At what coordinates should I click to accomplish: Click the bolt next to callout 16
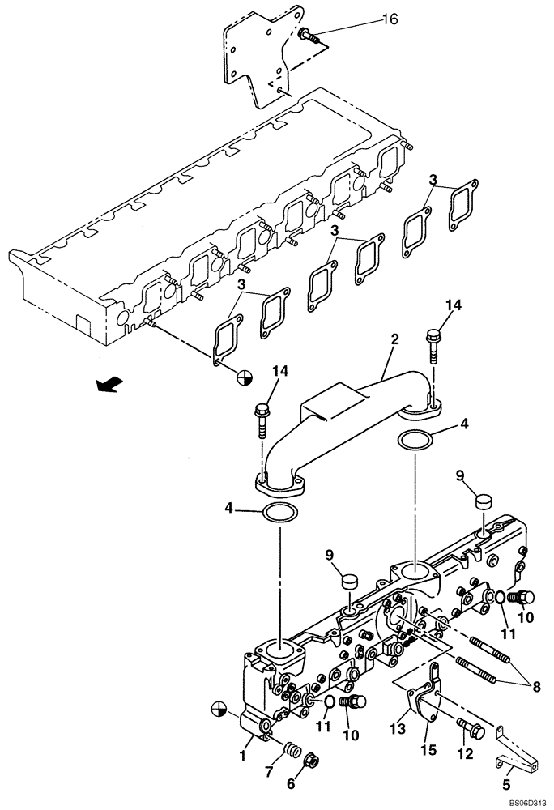pyautogui.click(x=307, y=35)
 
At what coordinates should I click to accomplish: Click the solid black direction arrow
pyautogui.click(x=105, y=386)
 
